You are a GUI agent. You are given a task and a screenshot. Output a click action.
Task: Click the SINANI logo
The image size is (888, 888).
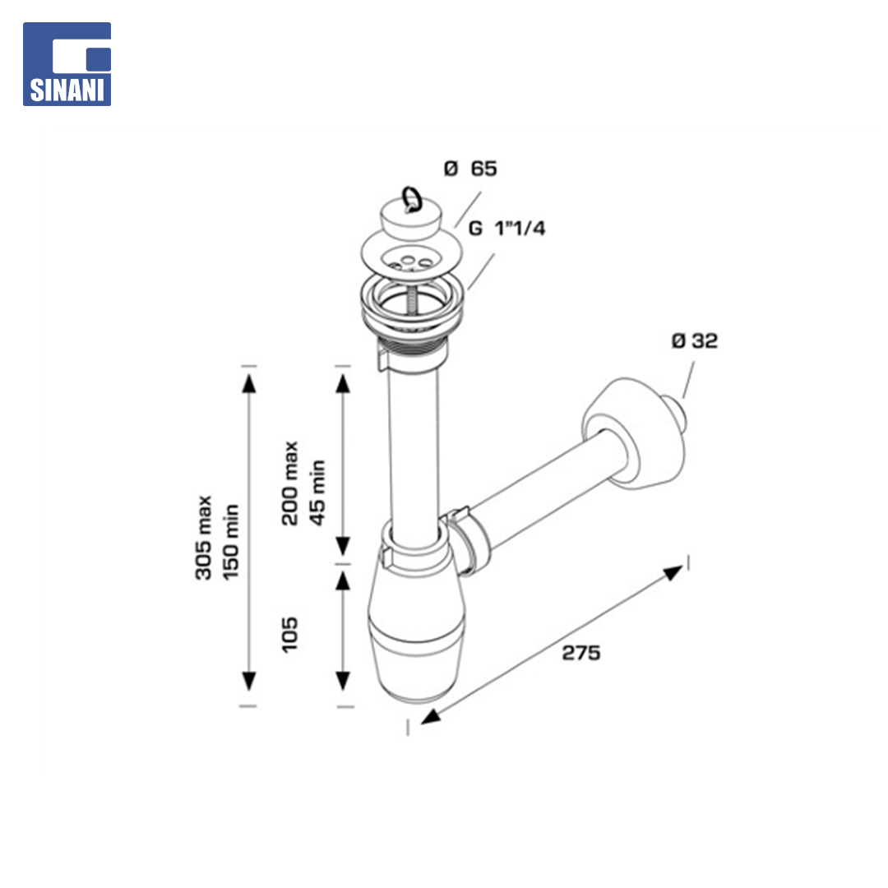click(x=67, y=64)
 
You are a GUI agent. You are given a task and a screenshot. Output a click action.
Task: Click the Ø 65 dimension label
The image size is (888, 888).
click(x=470, y=169)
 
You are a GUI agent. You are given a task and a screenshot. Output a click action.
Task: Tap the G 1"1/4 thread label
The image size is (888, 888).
click(x=506, y=229)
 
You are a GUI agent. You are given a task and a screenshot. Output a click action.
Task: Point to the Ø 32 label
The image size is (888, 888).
click(x=694, y=341)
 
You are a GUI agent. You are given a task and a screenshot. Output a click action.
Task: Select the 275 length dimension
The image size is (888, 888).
click(x=581, y=653)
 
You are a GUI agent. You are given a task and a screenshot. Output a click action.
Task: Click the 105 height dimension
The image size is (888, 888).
click(x=289, y=634)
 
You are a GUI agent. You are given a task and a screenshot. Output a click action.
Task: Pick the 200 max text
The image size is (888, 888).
click(x=289, y=483)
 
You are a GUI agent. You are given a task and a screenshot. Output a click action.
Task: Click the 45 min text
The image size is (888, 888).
click(x=317, y=493)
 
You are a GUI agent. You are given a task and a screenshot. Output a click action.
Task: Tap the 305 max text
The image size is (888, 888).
click(x=203, y=538)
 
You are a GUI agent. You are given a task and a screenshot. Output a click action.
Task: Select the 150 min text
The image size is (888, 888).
click(x=231, y=542)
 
